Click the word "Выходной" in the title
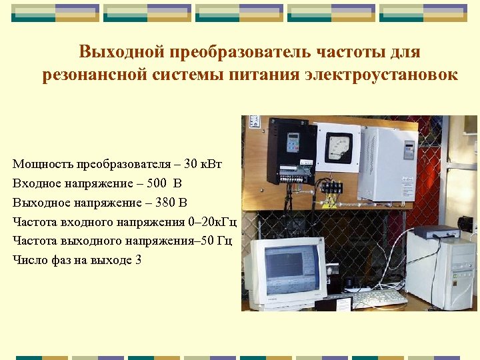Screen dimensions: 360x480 point(121,51)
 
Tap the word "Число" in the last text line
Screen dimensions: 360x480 point(29,260)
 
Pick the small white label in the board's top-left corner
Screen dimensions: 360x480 point(254,122)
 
